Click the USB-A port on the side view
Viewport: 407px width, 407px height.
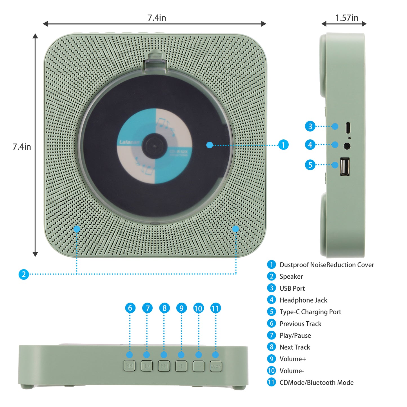tap(345, 166)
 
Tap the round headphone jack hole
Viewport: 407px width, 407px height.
tap(347, 146)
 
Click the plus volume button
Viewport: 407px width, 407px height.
tap(181, 366)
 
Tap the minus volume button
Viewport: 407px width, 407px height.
tap(199, 366)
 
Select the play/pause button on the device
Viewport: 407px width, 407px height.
tap(147, 366)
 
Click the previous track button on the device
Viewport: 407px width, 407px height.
tap(129, 366)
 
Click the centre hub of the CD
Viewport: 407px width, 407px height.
tap(154, 146)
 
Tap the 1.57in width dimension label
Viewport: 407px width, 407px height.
tap(347, 18)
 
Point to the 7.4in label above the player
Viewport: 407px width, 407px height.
tap(157, 18)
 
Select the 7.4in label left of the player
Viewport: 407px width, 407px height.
tap(22, 147)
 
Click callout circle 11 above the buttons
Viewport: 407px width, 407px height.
tap(215, 308)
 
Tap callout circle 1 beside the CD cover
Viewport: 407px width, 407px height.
tap(283, 145)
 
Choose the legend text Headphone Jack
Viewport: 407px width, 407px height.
tap(303, 300)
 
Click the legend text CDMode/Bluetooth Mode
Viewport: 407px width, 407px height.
tap(316, 382)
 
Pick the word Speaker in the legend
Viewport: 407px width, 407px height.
tap(291, 277)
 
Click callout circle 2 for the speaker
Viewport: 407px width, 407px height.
tap(24, 274)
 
